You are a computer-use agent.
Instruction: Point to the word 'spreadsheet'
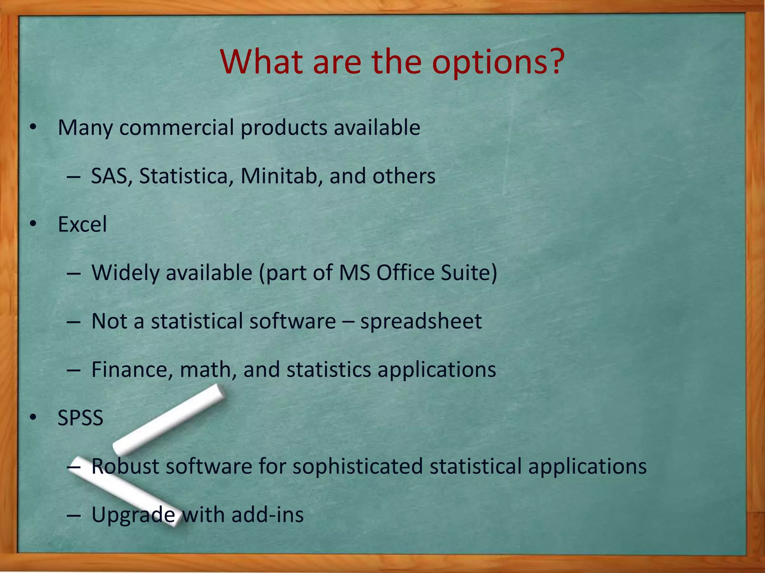pos(421,321)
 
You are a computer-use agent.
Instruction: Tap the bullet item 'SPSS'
pos(80,418)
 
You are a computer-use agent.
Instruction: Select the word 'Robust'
pos(125,466)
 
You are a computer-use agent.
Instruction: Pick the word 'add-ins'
pos(267,515)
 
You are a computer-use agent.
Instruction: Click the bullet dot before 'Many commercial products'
pos(33,128)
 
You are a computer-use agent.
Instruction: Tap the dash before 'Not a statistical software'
pos(74,321)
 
